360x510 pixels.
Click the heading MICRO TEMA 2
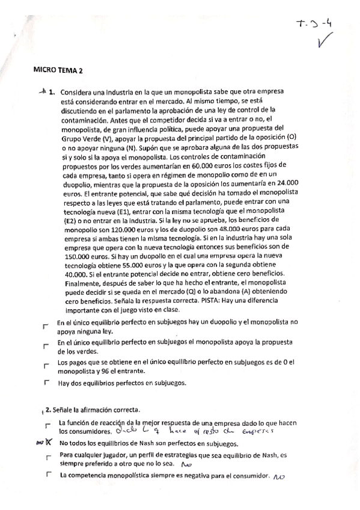(x=58, y=70)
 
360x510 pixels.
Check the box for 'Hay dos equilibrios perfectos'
(x=46, y=382)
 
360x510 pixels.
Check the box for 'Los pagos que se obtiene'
(x=46, y=365)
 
